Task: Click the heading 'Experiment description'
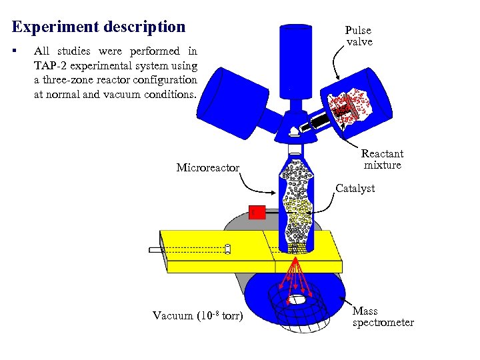click(x=99, y=27)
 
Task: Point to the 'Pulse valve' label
click(x=359, y=36)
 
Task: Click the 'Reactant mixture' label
click(x=382, y=159)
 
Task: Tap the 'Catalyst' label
click(x=355, y=189)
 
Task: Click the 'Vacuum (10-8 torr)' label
click(x=197, y=315)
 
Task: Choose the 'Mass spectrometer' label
click(x=383, y=317)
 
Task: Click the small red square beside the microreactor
click(x=257, y=213)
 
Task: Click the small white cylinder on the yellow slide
click(x=227, y=249)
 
